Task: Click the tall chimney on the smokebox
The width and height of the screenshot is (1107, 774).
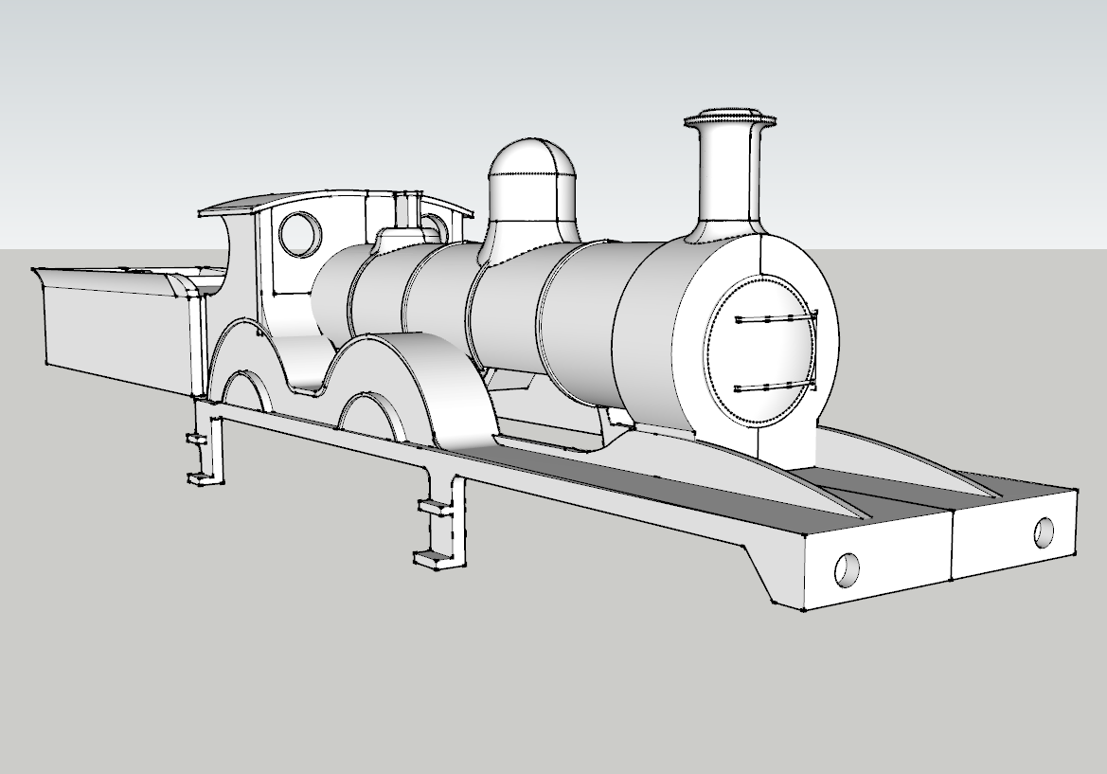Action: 729,180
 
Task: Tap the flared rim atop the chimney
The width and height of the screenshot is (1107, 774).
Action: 730,121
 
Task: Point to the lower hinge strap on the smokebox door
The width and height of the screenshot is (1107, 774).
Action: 773,387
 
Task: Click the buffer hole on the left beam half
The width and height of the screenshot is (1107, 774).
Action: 846,568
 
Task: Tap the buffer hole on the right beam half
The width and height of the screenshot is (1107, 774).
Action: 1045,532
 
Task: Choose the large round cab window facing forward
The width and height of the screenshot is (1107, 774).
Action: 300,233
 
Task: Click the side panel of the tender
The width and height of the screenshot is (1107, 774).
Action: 114,332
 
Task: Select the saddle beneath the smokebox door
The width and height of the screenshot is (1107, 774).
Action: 786,445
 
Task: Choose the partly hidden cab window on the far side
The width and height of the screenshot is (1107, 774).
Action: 435,226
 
